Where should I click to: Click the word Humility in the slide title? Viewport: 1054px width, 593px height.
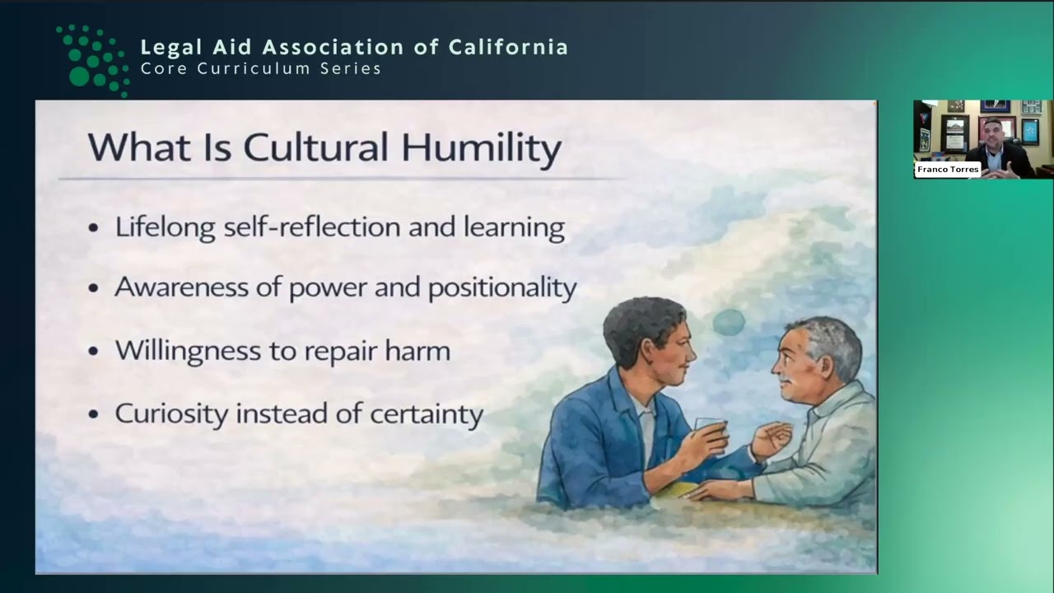(x=482, y=148)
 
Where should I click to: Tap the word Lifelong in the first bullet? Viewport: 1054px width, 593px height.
(x=165, y=226)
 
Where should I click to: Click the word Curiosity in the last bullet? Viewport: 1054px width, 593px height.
(x=170, y=413)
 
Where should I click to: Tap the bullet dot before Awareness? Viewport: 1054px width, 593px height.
(x=94, y=288)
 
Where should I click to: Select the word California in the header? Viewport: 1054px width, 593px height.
(x=508, y=47)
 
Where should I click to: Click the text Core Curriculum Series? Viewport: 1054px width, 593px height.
(x=261, y=69)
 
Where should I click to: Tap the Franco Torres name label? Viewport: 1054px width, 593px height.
(x=947, y=170)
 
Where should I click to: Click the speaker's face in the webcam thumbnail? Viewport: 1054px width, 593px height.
(x=993, y=133)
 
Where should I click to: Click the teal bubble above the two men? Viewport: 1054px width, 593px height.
(x=729, y=322)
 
